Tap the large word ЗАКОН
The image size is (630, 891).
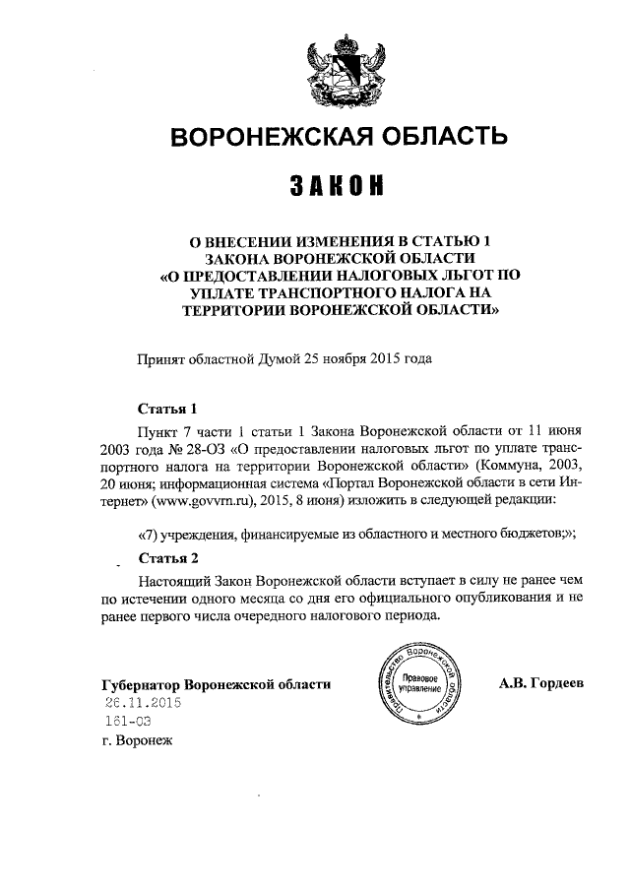click(x=336, y=185)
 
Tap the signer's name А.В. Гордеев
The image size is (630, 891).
click(x=541, y=682)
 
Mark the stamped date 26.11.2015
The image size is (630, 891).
click(x=145, y=703)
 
